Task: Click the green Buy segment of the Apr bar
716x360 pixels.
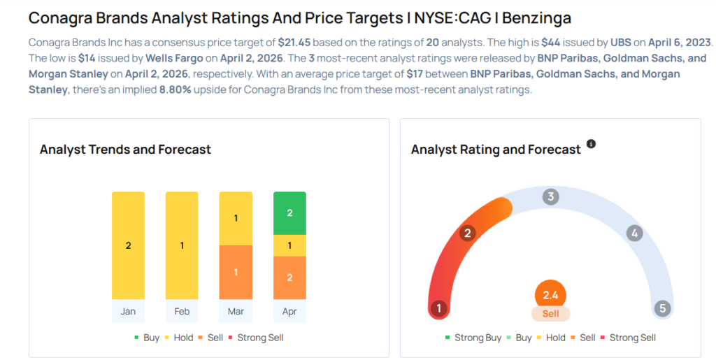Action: [289, 213]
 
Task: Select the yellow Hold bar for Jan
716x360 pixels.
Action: [128, 245]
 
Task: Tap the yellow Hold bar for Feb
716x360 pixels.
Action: [182, 245]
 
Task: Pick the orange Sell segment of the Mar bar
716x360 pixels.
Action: [236, 272]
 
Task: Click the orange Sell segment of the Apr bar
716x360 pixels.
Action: [289, 278]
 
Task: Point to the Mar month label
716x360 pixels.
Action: [236, 311]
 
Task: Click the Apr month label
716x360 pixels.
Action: [289, 311]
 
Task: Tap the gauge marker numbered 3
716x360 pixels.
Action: [551, 197]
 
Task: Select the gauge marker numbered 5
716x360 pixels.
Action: [661, 308]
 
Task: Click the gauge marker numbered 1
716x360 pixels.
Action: [439, 308]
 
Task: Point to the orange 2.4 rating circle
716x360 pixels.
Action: [550, 295]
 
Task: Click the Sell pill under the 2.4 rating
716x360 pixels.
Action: [550, 314]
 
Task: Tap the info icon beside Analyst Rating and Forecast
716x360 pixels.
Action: [591, 144]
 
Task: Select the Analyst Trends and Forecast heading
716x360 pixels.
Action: [125, 150]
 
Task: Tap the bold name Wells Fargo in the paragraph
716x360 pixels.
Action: [173, 59]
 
